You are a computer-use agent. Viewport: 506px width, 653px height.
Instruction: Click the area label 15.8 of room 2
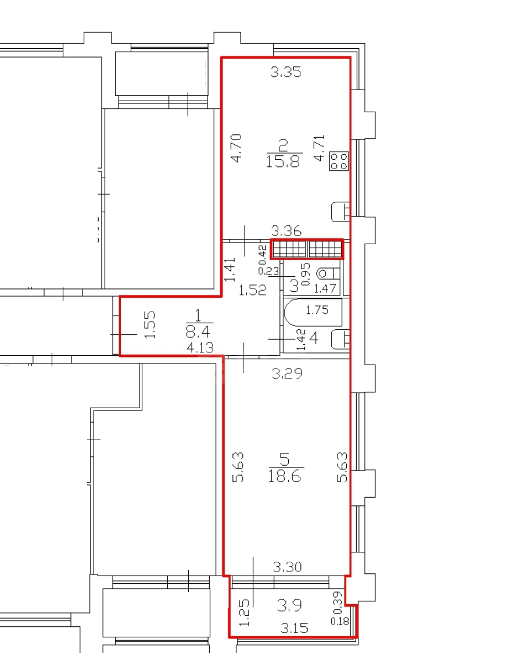(x=283, y=160)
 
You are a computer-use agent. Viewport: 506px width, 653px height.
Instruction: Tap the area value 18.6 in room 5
(x=285, y=475)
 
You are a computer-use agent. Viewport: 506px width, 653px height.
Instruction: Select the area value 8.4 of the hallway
(x=199, y=332)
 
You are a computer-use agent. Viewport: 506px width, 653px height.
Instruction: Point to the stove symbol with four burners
(x=339, y=161)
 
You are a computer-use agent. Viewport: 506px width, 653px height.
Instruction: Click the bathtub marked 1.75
(x=313, y=312)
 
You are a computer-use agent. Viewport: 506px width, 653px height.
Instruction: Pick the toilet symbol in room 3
(x=328, y=274)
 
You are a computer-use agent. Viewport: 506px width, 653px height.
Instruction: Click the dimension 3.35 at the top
(x=285, y=72)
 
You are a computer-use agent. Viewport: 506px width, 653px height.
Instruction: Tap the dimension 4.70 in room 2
(x=236, y=148)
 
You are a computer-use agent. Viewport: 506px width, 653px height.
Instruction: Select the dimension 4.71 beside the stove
(x=320, y=148)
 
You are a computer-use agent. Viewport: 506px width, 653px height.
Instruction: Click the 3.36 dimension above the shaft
(x=286, y=230)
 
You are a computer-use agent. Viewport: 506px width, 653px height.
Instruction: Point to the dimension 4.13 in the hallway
(x=200, y=347)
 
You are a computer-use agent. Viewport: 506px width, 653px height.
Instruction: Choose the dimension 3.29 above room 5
(x=287, y=373)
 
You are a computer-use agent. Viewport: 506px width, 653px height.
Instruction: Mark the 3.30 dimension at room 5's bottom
(x=287, y=567)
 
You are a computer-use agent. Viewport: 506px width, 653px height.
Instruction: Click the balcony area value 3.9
(x=289, y=605)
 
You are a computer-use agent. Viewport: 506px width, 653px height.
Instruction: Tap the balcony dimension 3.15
(x=294, y=627)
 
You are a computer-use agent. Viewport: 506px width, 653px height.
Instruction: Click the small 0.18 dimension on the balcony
(x=340, y=622)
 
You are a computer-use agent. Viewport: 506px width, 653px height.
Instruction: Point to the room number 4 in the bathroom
(x=314, y=338)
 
